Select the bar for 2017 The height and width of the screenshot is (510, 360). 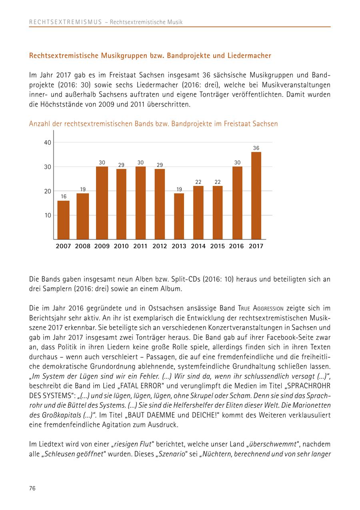click(256, 195)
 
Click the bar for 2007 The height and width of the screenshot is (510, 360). click(63, 220)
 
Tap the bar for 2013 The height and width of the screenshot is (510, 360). click(179, 216)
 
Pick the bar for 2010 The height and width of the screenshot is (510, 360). click(121, 204)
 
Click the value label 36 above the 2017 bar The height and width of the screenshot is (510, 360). click(256, 148)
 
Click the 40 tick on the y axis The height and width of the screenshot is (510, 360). click(48, 143)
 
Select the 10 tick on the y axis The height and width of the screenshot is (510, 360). click(48, 215)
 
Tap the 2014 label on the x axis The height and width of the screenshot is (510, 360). click(198, 246)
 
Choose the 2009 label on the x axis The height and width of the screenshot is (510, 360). click(102, 246)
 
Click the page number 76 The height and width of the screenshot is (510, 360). click(32, 488)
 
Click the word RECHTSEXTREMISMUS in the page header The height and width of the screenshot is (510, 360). click(66, 22)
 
